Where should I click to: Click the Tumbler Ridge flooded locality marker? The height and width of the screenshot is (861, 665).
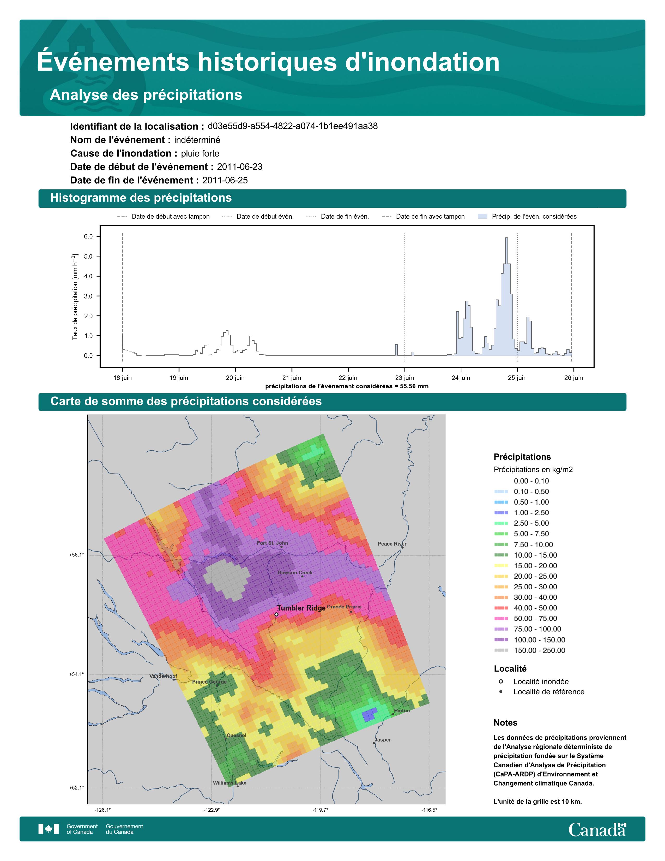pos(276,614)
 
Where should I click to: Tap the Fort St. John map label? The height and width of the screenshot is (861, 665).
pos(272,543)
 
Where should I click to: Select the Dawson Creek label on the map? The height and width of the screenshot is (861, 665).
pos(295,572)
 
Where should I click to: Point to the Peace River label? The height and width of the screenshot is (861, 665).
pos(392,544)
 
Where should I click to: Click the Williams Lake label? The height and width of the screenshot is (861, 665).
pos(230,782)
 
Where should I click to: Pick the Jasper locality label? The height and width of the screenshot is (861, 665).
pos(383,740)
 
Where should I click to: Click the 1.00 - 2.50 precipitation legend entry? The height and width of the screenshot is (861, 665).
pos(521,512)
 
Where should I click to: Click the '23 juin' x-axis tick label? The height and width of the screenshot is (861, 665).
pos(404,378)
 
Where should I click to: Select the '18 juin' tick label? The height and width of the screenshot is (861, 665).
pos(123,378)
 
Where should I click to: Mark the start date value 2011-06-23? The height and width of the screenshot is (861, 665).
pos(239,167)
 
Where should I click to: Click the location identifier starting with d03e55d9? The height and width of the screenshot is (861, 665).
pos(293,126)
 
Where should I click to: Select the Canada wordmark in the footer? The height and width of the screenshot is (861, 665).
pos(597,829)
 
